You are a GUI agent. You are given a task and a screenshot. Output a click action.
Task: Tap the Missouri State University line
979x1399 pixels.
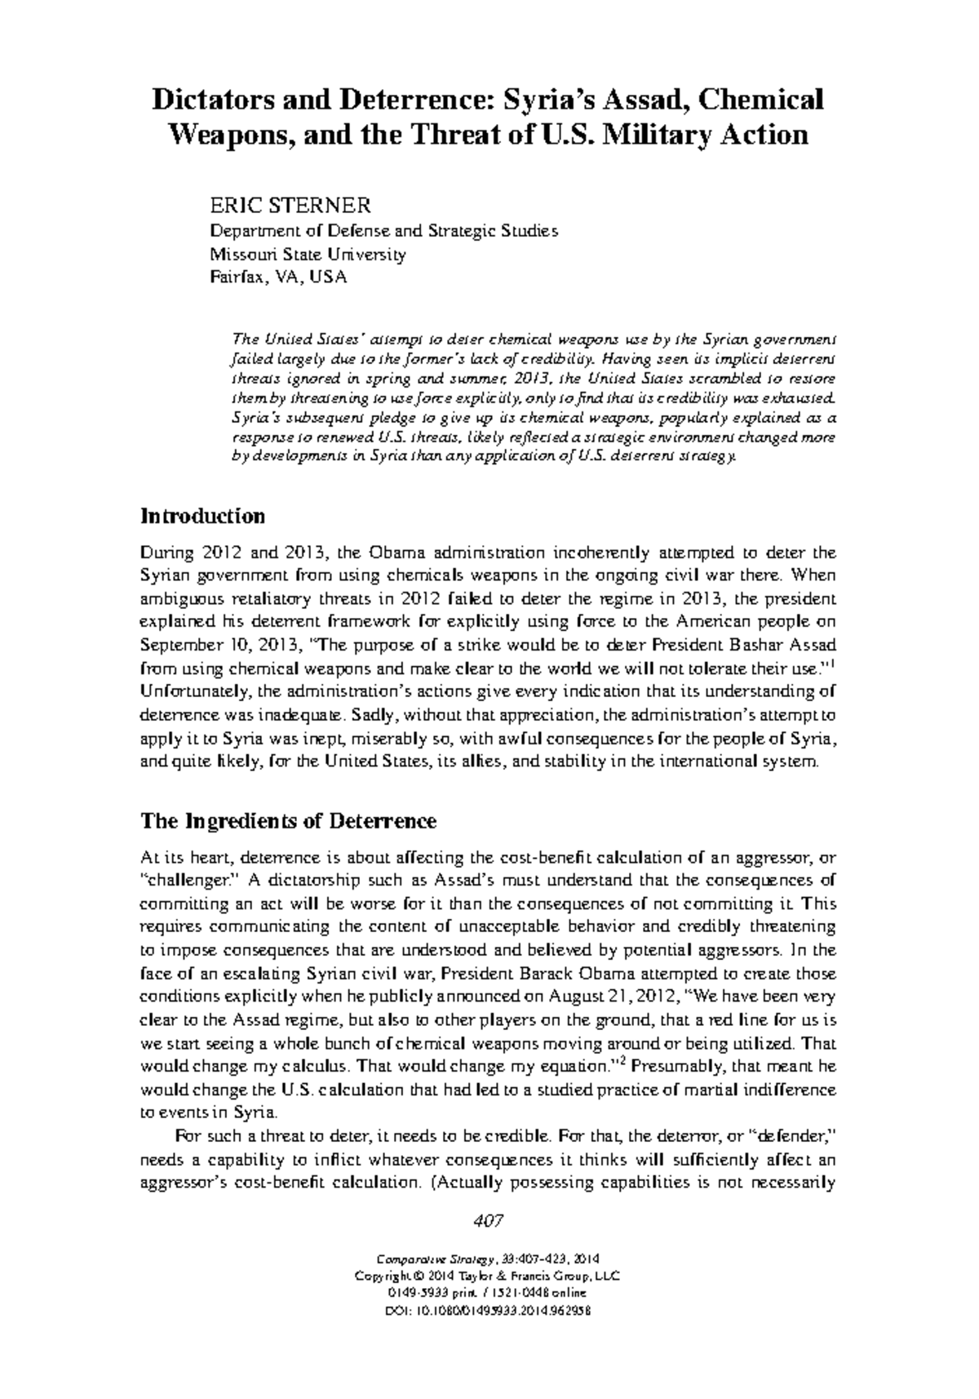(308, 254)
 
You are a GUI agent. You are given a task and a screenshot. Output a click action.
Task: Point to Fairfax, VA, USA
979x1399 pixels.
(278, 278)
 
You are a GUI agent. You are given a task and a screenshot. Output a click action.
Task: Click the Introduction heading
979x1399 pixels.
(202, 517)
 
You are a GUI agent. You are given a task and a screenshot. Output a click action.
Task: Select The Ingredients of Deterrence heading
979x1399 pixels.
(289, 820)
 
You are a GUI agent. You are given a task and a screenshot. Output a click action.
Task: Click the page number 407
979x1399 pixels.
(488, 1221)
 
